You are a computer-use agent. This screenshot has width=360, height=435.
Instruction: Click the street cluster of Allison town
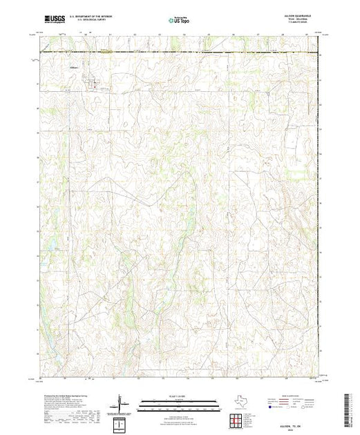93,86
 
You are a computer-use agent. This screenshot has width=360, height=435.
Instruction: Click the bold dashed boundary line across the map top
180,52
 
